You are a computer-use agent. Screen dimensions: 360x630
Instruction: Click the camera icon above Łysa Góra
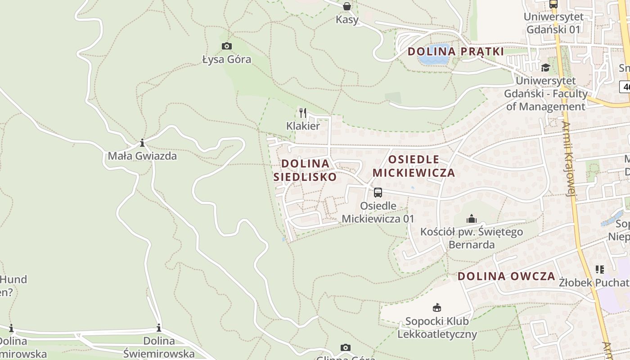(227, 46)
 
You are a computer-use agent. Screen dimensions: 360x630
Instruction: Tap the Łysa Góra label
(227, 59)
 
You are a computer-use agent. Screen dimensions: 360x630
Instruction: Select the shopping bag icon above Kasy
(347, 6)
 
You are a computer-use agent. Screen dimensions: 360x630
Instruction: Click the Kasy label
(347, 20)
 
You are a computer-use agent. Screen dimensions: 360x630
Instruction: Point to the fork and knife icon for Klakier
(303, 112)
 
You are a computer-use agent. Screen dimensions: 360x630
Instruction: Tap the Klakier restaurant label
(303, 126)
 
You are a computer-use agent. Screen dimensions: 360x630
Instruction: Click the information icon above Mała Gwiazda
(142, 143)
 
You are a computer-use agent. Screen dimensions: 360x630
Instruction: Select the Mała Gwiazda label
(142, 156)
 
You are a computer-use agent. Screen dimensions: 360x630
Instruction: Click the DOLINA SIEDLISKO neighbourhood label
(305, 170)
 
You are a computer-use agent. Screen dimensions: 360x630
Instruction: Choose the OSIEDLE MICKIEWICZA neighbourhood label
(414, 166)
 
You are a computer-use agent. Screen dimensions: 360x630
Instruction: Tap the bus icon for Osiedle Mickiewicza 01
(378, 193)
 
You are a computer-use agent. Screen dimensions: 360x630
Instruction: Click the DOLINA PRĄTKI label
(455, 51)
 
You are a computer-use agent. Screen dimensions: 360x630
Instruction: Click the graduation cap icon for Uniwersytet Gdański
(546, 67)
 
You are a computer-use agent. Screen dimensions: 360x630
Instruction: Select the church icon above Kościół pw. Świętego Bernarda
(472, 219)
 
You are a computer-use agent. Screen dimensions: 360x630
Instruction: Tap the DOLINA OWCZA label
(506, 276)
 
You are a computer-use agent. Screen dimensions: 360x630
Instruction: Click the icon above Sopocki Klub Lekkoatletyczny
(436, 308)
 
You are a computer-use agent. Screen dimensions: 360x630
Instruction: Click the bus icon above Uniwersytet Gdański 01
(553, 4)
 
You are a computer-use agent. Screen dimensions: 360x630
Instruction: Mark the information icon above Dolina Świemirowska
(159, 328)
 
